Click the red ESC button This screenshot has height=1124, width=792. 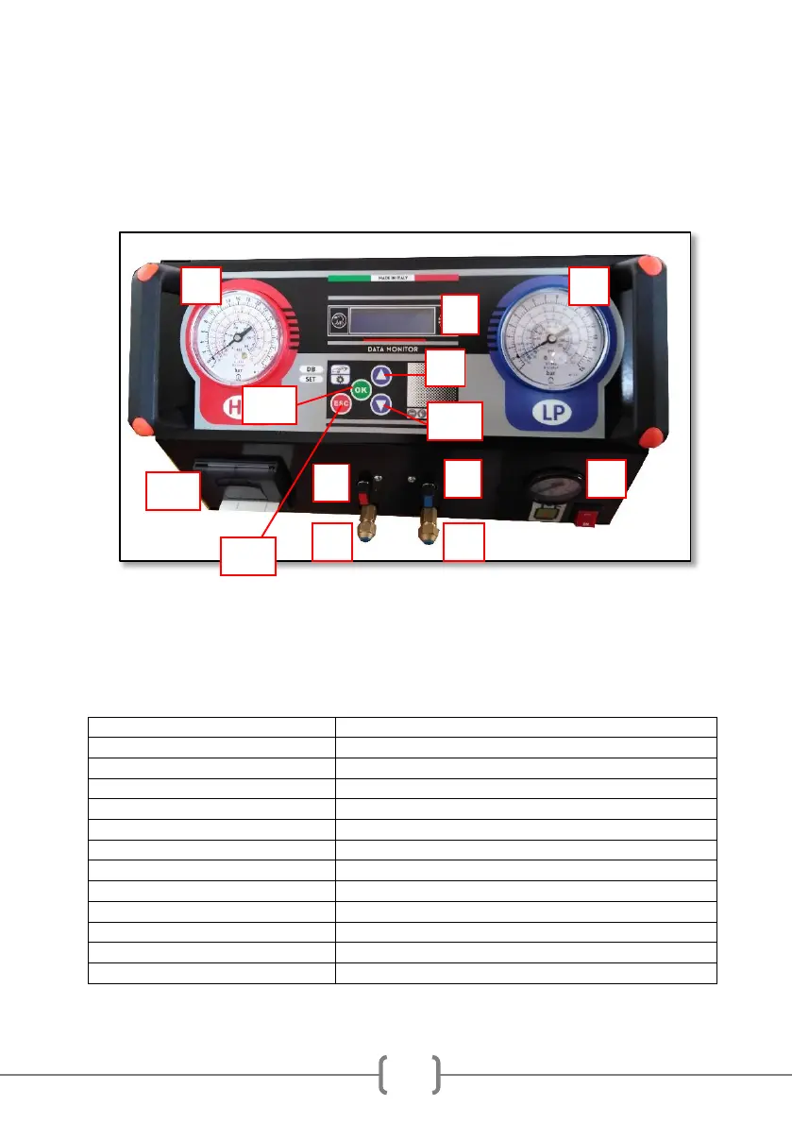click(341, 403)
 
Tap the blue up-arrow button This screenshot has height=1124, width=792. click(380, 375)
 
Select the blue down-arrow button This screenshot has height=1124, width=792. click(380, 405)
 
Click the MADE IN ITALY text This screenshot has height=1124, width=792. click(393, 278)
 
